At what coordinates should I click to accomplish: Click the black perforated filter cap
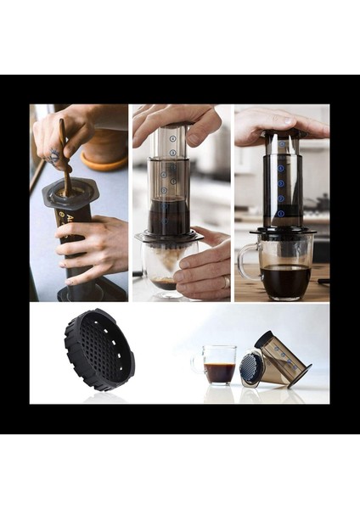click(99, 350)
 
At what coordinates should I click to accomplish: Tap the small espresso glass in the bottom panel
click(220, 364)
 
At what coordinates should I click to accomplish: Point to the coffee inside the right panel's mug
click(284, 279)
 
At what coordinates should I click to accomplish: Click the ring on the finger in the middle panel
click(225, 282)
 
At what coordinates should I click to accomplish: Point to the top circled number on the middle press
click(172, 137)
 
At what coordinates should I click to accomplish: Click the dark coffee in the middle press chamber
click(170, 216)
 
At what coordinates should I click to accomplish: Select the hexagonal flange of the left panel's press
click(70, 193)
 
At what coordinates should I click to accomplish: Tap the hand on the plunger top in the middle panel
click(174, 121)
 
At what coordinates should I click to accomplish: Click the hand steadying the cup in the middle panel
click(203, 267)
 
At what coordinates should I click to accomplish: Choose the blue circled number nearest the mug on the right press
click(281, 214)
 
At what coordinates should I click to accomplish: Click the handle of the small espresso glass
click(198, 363)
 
